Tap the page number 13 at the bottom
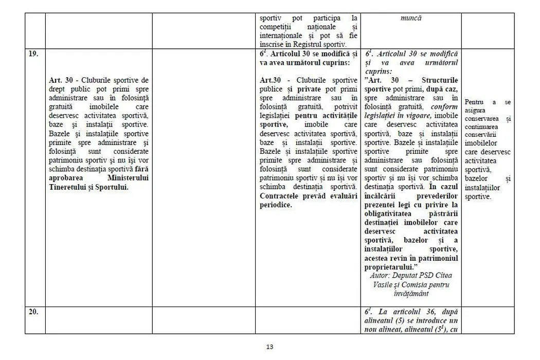click(269, 346)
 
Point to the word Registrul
click(310, 45)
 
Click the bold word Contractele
click(281, 196)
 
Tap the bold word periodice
click(276, 205)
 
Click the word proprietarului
click(390, 267)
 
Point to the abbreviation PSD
click(429, 276)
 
